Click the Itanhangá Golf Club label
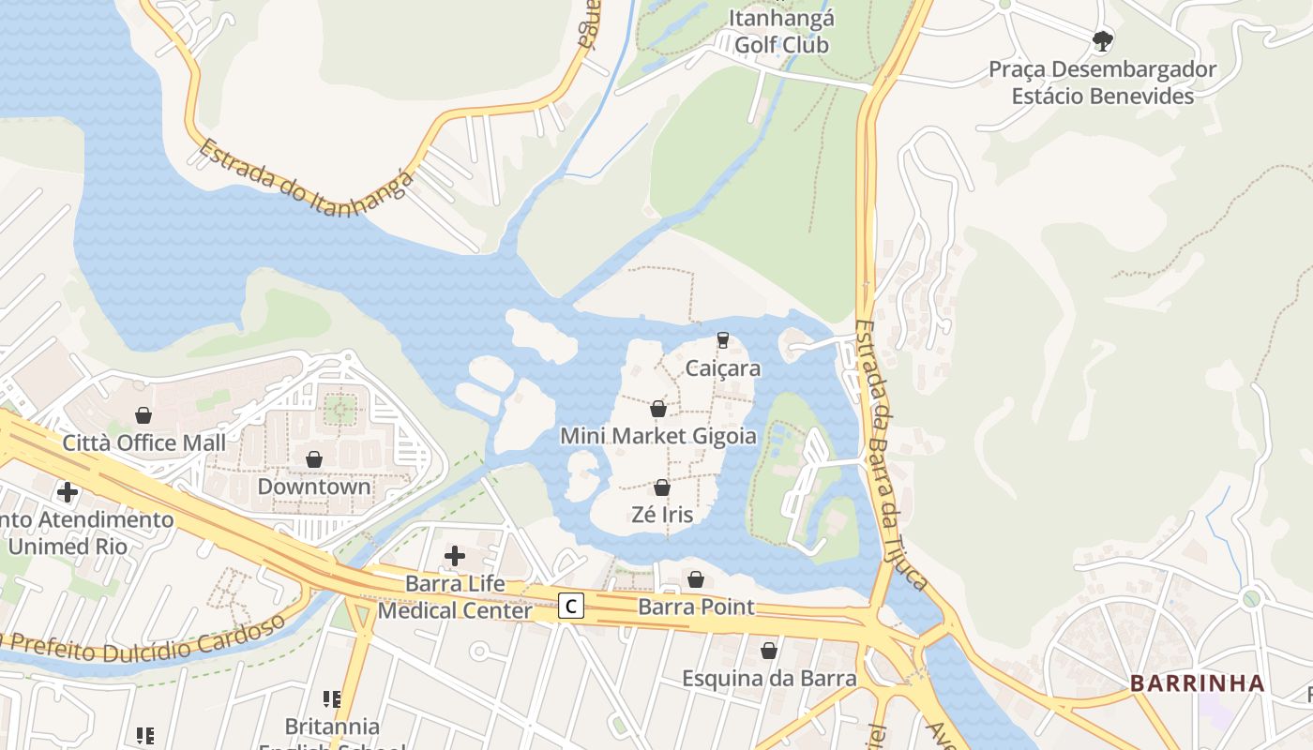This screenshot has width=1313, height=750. (781, 31)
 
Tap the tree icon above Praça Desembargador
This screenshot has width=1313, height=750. (1103, 40)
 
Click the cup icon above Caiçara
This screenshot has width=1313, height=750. (722, 339)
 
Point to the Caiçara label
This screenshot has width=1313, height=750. (722, 368)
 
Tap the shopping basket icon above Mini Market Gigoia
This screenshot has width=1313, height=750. (658, 409)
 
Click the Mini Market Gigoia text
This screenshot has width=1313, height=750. (657, 436)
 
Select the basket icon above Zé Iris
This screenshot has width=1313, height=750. (662, 487)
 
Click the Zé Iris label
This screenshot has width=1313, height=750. (662, 515)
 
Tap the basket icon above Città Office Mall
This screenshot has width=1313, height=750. (143, 414)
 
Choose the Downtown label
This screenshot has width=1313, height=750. (314, 487)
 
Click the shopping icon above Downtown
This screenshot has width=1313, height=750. (314, 459)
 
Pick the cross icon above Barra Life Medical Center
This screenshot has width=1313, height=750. (455, 556)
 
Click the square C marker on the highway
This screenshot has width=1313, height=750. (570, 607)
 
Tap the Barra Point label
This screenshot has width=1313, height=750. (696, 607)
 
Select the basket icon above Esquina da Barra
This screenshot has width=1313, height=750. (769, 651)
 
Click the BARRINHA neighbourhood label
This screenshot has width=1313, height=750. (1198, 683)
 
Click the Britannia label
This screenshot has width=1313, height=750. (332, 727)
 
